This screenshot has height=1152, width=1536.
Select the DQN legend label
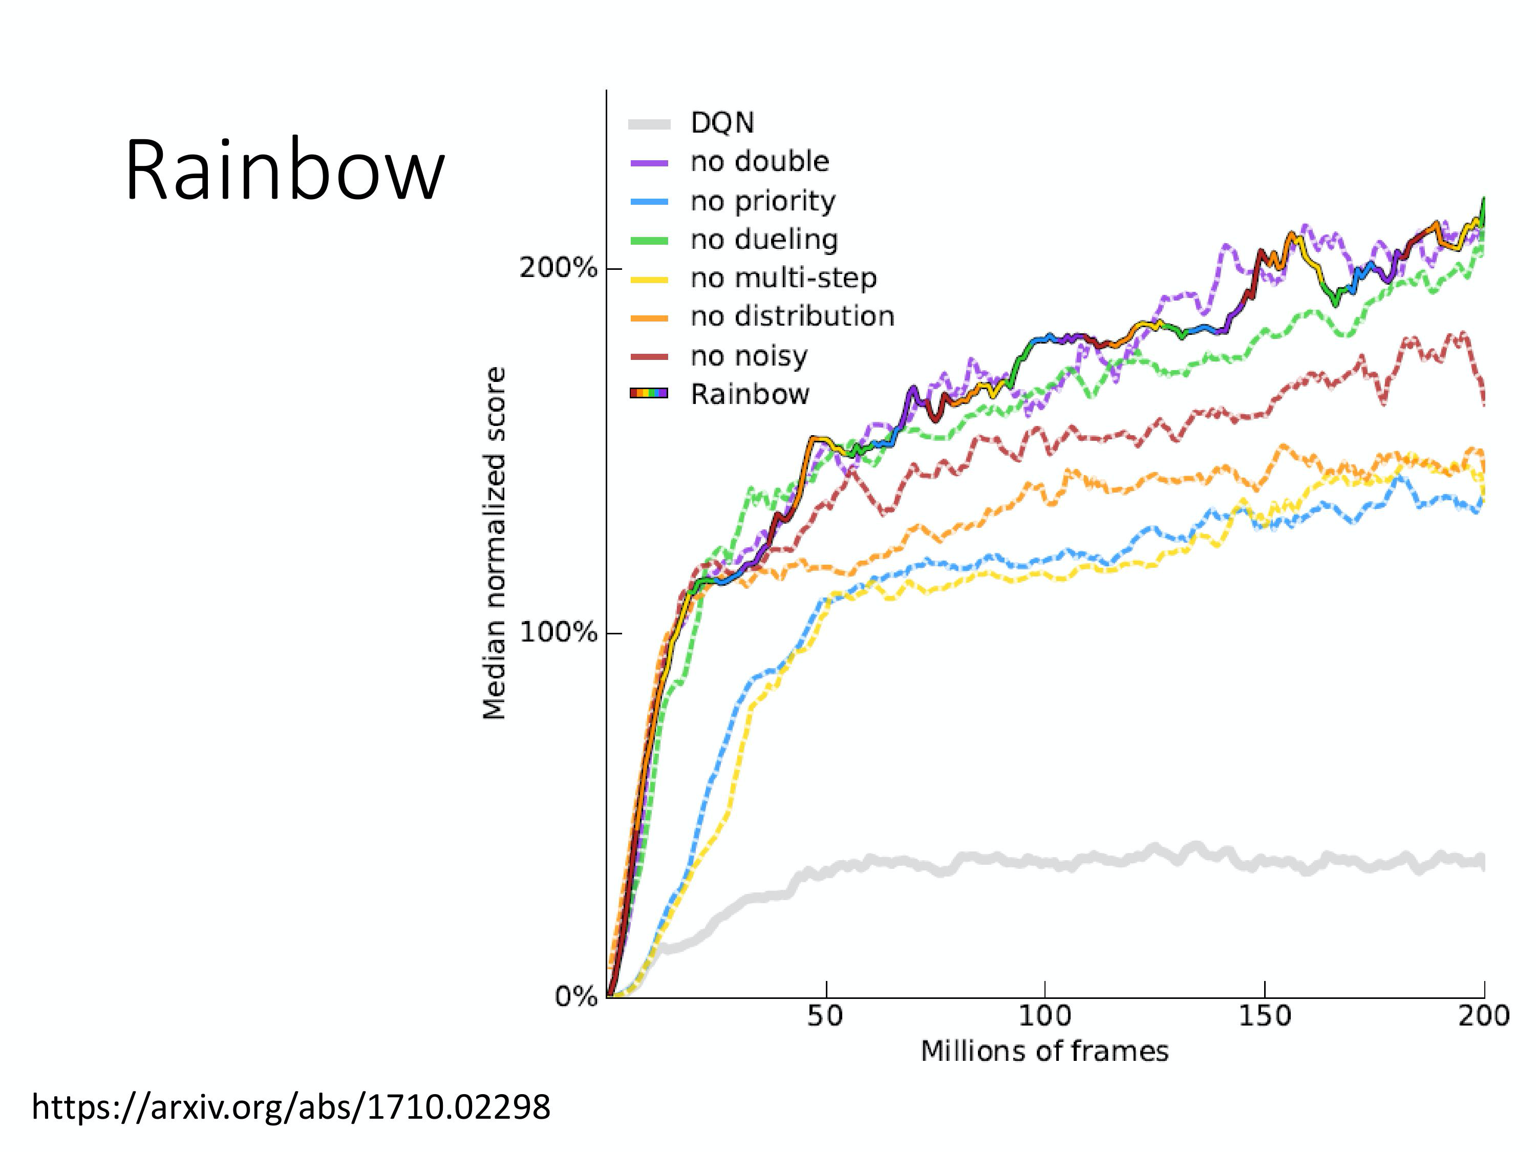722,123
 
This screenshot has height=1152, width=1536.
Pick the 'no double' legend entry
760,162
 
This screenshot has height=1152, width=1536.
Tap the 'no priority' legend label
763,201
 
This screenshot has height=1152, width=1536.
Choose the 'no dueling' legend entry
764,240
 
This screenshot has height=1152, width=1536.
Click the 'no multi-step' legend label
783,279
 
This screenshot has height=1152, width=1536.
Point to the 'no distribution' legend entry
792,316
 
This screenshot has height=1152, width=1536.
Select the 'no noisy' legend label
749,356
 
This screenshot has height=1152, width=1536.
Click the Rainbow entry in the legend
750,394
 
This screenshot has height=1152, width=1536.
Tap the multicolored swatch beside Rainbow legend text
649,394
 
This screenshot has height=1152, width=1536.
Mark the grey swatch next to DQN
649,124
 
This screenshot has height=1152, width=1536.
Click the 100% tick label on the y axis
558,633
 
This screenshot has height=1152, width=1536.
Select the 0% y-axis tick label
575,997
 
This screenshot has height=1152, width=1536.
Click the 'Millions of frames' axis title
1044,1051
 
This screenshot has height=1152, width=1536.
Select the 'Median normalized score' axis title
495,543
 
